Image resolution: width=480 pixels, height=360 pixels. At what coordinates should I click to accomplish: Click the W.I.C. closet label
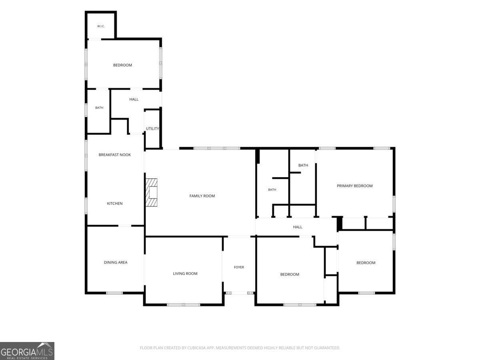[x=101, y=26]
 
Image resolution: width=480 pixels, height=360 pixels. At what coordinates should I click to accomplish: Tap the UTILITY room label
[x=152, y=128]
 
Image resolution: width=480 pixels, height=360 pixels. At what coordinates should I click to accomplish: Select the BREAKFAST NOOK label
[x=114, y=155]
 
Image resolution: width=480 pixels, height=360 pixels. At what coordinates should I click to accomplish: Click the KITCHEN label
[x=114, y=204]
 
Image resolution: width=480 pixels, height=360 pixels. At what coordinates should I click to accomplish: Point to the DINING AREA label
[x=116, y=262]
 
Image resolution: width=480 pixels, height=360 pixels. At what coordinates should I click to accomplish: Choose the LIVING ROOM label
[x=185, y=274]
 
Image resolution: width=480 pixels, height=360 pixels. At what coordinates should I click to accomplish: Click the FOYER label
[x=239, y=267]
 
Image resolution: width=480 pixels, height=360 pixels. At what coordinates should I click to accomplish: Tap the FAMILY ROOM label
[x=202, y=196]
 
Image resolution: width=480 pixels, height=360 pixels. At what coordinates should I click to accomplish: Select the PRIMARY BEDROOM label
[x=354, y=186]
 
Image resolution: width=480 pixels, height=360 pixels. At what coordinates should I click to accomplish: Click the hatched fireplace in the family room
[x=151, y=192]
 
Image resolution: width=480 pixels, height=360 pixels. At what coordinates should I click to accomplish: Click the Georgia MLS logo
[x=27, y=351]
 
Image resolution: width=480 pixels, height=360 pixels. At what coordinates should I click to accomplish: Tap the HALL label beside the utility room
[x=134, y=100]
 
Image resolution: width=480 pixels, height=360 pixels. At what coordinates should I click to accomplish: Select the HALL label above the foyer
[x=298, y=227]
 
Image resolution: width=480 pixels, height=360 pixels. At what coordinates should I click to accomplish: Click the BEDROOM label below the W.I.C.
[x=122, y=65]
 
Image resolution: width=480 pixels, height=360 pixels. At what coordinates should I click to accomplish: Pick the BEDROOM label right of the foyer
[x=290, y=274]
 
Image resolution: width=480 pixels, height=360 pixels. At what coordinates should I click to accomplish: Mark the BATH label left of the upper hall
[x=99, y=108]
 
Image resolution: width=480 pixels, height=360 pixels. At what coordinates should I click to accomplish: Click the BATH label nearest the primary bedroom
[x=303, y=165]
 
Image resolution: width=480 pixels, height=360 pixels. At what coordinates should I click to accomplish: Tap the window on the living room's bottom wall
[x=184, y=304]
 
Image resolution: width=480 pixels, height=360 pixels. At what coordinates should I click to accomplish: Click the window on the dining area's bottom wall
[x=114, y=293]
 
